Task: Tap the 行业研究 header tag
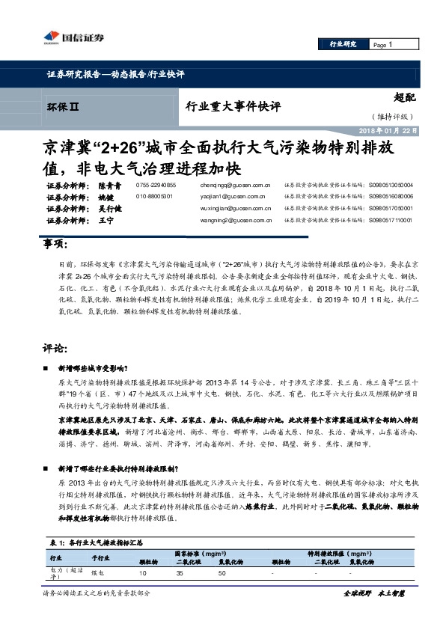click(343, 45)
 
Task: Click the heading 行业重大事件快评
click(232, 107)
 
